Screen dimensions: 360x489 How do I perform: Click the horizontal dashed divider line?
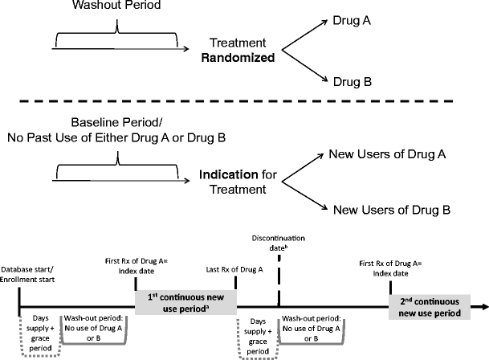point(244,101)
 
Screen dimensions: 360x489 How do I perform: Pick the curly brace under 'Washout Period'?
point(117,35)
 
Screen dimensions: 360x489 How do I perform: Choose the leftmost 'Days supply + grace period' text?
point(38,327)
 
